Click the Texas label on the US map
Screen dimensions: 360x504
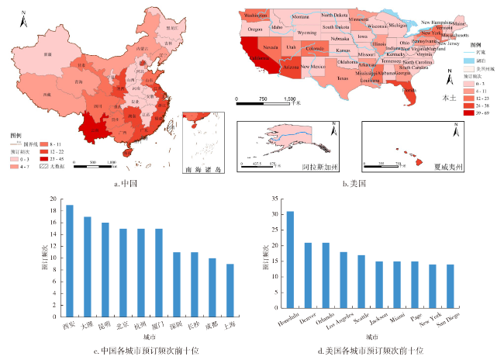click(x=343, y=78)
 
